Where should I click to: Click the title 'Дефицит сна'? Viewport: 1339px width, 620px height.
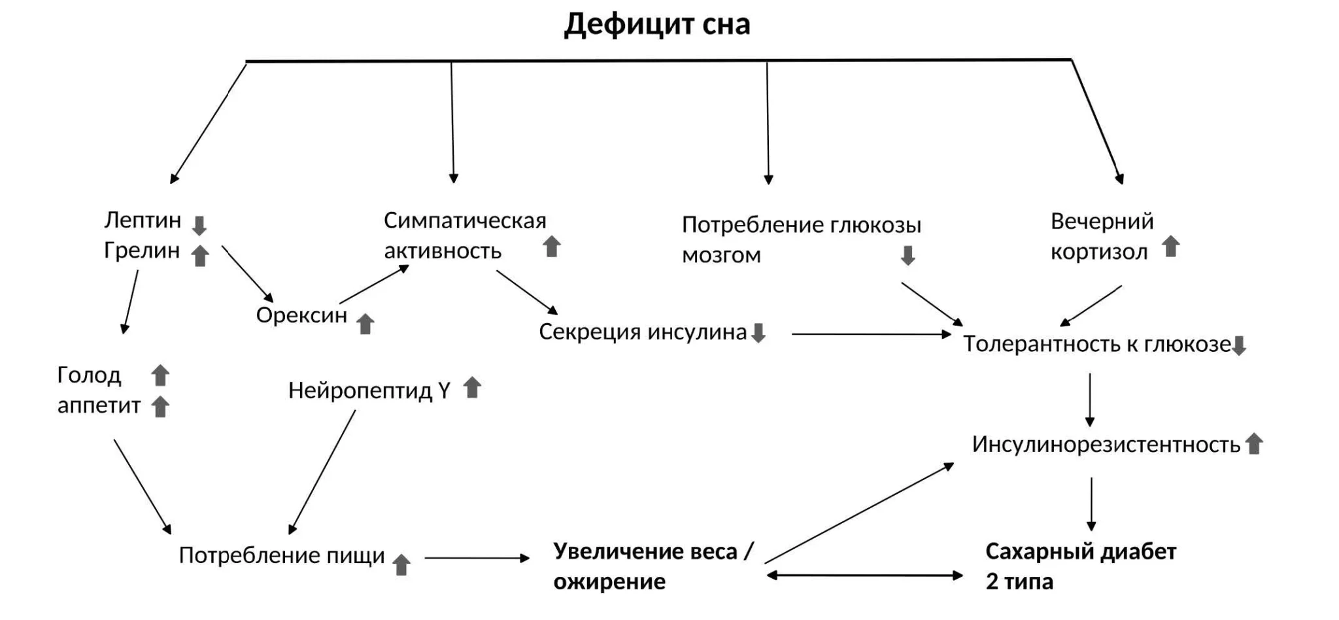click(x=656, y=25)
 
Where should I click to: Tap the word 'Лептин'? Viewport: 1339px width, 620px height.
click(x=143, y=220)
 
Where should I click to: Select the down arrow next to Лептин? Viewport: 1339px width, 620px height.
click(x=199, y=226)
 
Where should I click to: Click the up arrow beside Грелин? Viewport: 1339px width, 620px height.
click(x=199, y=256)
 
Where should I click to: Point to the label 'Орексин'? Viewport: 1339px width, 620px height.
click(x=301, y=315)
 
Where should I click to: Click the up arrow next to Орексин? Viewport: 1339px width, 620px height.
click(x=365, y=323)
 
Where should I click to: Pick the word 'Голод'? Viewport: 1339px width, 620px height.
click(x=89, y=375)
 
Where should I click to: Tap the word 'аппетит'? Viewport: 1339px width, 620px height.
click(x=99, y=405)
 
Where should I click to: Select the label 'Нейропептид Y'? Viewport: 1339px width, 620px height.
click(x=369, y=390)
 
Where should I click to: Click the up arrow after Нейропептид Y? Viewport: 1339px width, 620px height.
click(x=472, y=388)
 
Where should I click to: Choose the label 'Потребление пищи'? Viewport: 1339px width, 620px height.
click(x=282, y=555)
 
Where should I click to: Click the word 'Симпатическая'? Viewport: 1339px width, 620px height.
click(x=465, y=220)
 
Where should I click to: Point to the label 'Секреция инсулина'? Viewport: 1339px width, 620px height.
click(x=642, y=332)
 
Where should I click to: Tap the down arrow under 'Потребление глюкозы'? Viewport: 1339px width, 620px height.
click(x=907, y=255)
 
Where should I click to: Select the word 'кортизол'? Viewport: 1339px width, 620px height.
click(x=1098, y=252)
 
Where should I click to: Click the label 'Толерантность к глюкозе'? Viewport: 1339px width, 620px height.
click(x=1096, y=344)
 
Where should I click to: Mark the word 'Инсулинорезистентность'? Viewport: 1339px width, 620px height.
click(x=1106, y=445)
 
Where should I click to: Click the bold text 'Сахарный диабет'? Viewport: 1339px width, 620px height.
click(x=1080, y=552)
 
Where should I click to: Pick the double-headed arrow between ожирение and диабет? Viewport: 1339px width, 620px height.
click(x=864, y=576)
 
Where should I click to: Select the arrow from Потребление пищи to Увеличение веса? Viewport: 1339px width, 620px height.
click(x=476, y=558)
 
